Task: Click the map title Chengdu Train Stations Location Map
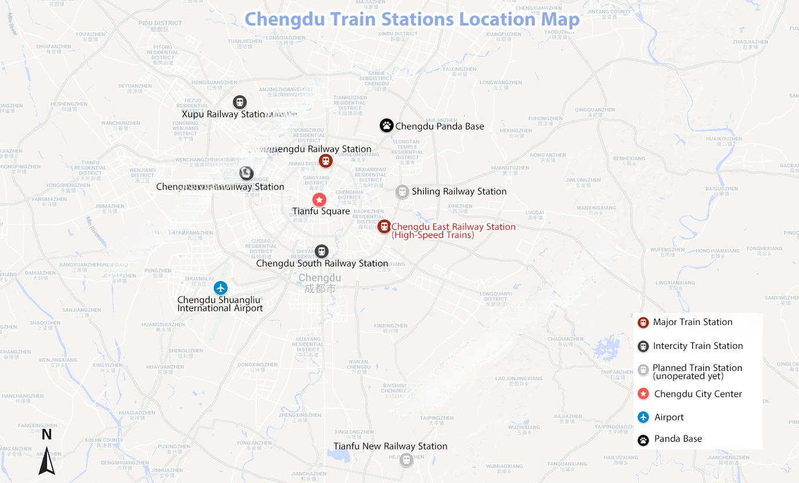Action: (x=412, y=19)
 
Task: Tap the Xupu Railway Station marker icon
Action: (x=239, y=102)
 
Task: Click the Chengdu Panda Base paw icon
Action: (x=386, y=125)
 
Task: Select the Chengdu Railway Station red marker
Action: (x=326, y=161)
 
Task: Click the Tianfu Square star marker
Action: (x=319, y=200)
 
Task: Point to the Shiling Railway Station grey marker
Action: (x=402, y=192)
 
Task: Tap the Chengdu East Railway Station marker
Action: (x=383, y=226)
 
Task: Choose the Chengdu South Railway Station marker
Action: (x=321, y=251)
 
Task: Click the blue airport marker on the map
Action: (x=220, y=287)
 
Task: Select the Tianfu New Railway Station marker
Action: (x=406, y=460)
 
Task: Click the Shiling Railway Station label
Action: (x=459, y=192)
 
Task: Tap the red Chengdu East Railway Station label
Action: (x=453, y=230)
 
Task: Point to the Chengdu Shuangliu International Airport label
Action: (x=219, y=304)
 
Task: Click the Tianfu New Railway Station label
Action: (x=390, y=446)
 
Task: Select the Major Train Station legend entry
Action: (x=693, y=322)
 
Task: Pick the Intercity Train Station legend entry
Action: (x=697, y=346)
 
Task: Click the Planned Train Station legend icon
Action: (x=643, y=370)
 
